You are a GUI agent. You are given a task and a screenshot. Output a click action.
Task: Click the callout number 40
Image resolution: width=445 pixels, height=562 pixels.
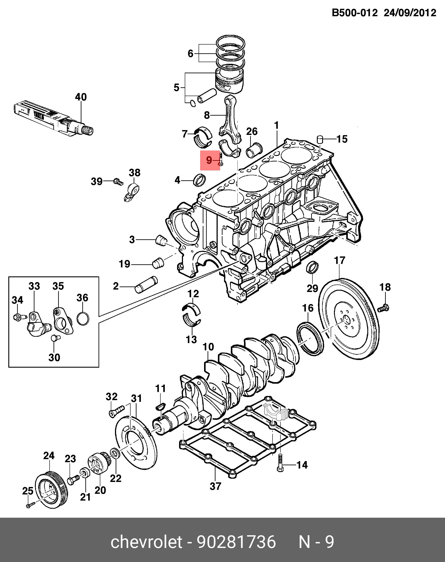tap(81, 97)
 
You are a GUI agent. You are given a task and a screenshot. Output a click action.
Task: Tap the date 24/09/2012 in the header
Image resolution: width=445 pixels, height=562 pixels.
tap(410, 13)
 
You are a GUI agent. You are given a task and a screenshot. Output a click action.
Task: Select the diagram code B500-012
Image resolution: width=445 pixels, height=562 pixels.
tap(354, 13)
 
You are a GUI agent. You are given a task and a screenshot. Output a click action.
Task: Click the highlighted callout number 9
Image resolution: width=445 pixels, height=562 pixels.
tap(209, 160)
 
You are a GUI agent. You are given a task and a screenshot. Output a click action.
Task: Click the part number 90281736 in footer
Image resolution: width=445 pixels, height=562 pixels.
tap(236, 542)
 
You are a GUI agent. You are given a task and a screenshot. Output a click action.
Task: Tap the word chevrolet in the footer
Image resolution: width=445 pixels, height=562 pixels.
tap(146, 542)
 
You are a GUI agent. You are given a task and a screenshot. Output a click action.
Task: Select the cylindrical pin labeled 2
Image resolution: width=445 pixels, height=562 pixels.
tap(146, 285)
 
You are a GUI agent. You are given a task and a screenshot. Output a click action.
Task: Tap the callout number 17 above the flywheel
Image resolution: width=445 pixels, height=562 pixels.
tap(339, 260)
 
